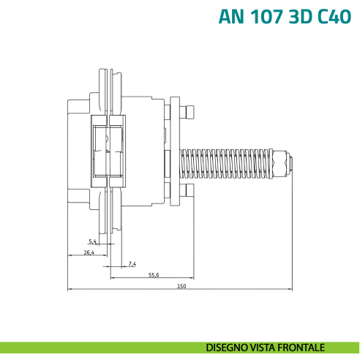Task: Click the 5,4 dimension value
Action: click(92, 241)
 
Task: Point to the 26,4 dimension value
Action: click(89, 252)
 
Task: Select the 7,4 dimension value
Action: click(132, 263)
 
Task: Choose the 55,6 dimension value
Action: click(154, 274)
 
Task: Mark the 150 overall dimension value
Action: click(181, 286)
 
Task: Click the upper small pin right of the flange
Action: click(189, 112)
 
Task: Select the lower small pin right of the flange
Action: click(189, 192)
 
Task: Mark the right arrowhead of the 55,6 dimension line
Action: click(192, 278)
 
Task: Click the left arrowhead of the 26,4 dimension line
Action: click(69, 255)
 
